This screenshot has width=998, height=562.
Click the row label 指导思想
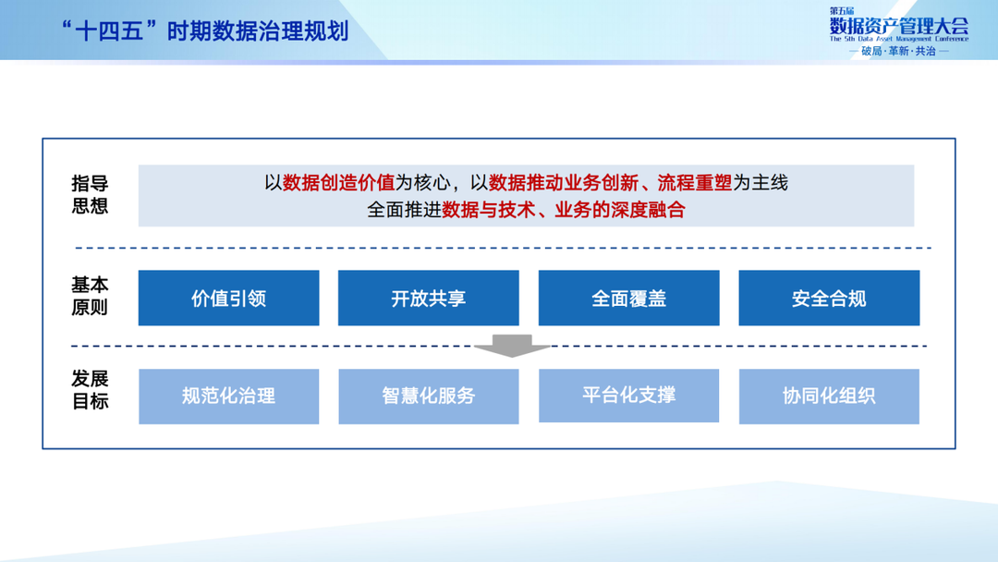[x=90, y=195]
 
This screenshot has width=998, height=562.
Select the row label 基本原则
[x=90, y=297]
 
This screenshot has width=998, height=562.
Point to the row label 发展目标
[x=90, y=390]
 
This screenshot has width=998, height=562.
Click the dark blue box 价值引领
[x=228, y=299]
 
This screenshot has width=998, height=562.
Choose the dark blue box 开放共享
[x=428, y=299]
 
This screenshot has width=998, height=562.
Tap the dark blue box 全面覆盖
[x=628, y=299]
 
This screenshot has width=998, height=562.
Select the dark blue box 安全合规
[x=829, y=299]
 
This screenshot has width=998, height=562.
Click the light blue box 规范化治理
[x=228, y=397]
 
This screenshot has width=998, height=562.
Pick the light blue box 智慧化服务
[x=428, y=397]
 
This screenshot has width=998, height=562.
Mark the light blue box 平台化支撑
[x=628, y=396]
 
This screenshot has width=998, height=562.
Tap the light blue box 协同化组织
[x=829, y=397]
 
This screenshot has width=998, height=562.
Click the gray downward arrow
[x=511, y=346]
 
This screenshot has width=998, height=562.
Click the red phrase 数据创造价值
[x=339, y=183]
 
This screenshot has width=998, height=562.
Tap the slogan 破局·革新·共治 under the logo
[x=898, y=52]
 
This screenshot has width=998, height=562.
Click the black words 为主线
[x=760, y=183]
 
